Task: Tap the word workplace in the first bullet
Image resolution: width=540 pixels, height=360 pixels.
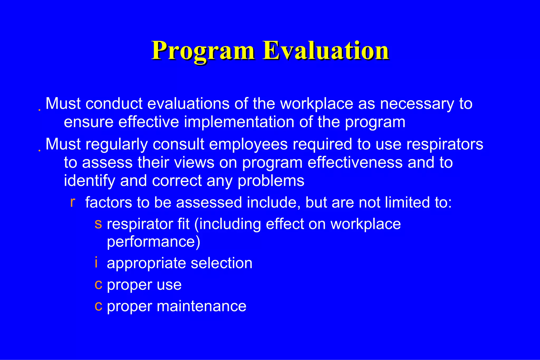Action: (316, 104)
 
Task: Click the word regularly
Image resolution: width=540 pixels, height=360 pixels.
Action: (116, 145)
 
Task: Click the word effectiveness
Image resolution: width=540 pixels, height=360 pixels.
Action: (355, 163)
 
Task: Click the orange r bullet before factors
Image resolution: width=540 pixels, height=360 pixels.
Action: (73, 202)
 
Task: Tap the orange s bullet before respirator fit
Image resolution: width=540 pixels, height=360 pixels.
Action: (98, 224)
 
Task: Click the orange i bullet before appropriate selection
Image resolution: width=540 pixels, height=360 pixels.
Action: (96, 263)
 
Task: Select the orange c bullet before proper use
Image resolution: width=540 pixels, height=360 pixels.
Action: (98, 285)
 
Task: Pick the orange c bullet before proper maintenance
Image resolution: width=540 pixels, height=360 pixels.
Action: (98, 306)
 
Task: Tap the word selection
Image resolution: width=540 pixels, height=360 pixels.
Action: (221, 263)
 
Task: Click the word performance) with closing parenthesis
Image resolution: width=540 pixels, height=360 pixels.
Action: (153, 242)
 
